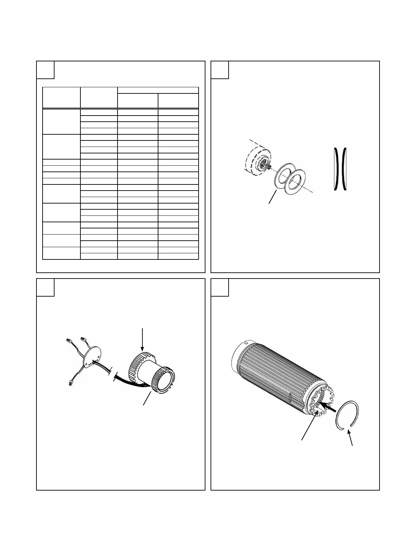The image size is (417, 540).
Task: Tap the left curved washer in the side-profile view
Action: point(336,168)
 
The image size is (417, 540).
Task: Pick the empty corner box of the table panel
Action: point(45,70)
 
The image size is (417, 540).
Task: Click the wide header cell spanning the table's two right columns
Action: point(158,90)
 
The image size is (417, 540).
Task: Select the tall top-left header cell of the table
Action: point(61,97)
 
